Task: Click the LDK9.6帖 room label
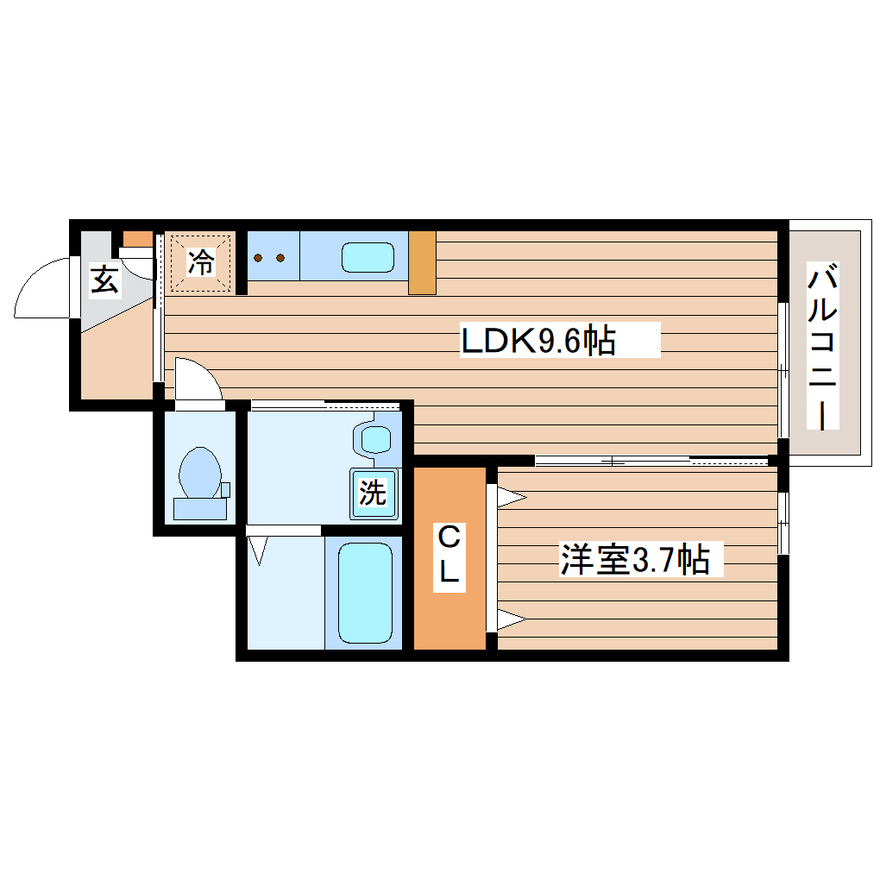click(x=538, y=341)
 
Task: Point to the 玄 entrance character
click(x=104, y=280)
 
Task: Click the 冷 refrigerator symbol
click(x=201, y=262)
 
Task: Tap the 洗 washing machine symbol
click(x=374, y=493)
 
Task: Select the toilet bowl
click(x=200, y=473)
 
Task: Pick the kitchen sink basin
click(x=368, y=257)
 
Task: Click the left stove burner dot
click(x=259, y=257)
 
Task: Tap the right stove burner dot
click(x=280, y=257)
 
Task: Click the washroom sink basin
click(x=376, y=439)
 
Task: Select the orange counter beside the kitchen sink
click(x=422, y=262)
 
